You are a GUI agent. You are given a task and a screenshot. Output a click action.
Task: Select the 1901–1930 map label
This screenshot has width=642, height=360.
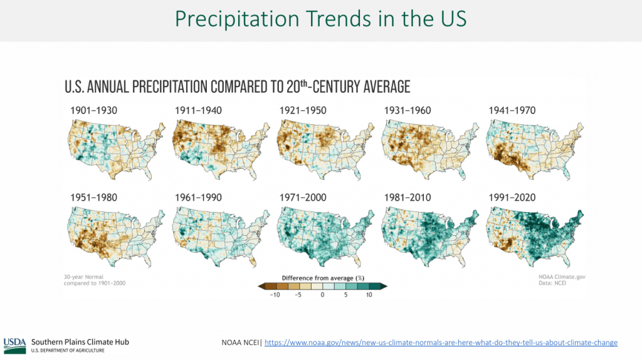point(93,111)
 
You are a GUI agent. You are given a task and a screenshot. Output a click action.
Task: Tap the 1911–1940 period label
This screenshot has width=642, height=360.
point(198,111)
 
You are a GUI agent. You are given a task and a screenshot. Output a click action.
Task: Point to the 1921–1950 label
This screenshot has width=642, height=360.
point(303,111)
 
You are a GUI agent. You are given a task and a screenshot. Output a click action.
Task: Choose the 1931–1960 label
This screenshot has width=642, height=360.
point(408,111)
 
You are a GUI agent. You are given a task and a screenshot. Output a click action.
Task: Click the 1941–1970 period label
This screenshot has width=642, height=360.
point(512,111)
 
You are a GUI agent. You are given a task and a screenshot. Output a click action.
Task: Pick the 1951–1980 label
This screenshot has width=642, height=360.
point(93,198)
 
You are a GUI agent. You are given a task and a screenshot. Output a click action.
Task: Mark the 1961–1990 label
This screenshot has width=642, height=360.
point(198,198)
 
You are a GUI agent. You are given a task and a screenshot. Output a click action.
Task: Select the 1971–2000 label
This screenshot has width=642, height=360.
point(303,198)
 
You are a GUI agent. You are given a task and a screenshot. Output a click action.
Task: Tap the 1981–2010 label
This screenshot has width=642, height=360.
point(408,198)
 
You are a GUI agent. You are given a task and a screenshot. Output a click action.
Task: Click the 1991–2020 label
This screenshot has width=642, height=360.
point(512,198)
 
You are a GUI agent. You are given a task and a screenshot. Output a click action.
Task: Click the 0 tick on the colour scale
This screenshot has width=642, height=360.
point(322,295)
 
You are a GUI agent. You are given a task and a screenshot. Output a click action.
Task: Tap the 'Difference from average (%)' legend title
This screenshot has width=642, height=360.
point(322,278)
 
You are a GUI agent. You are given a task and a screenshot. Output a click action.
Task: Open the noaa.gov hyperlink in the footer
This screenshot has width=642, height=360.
point(441,342)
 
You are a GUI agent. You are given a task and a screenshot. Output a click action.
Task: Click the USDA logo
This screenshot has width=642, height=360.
point(14,343)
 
